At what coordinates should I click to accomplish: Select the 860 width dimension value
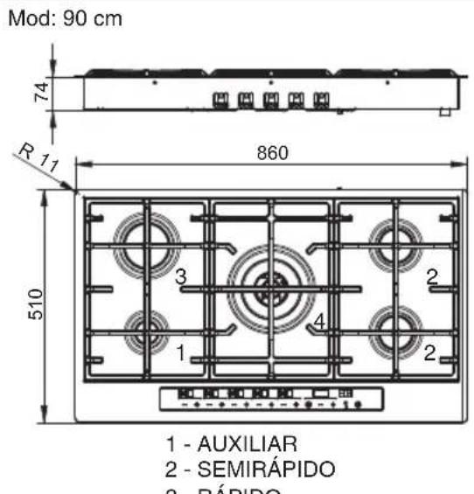pyautogui.click(x=271, y=151)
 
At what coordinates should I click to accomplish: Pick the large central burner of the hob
pyautogui.click(x=269, y=283)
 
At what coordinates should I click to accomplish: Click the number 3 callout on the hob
pyautogui.click(x=181, y=277)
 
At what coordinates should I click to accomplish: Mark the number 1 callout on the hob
pyautogui.click(x=180, y=353)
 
